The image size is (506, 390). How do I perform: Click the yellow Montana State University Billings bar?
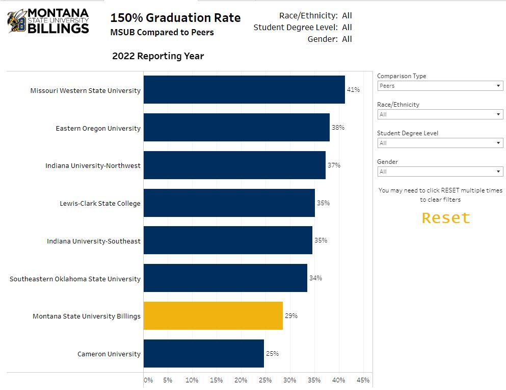(x=213, y=315)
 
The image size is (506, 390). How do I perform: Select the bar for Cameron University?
(x=204, y=353)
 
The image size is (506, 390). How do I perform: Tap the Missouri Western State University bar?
(x=244, y=89)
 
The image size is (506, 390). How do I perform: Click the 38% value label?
(x=338, y=127)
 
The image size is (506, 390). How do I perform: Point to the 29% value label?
(x=291, y=315)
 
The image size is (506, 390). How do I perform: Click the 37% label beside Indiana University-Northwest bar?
(x=334, y=165)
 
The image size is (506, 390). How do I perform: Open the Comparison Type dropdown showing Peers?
(x=440, y=86)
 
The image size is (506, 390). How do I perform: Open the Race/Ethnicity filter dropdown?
(x=440, y=114)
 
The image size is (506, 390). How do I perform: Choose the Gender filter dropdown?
(x=440, y=172)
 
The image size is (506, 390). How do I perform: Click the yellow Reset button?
(x=446, y=218)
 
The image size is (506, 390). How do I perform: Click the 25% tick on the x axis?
(x=265, y=380)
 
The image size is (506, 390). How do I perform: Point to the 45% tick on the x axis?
(x=363, y=380)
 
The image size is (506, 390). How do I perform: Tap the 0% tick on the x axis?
(x=148, y=380)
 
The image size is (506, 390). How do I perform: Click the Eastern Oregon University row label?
(x=98, y=129)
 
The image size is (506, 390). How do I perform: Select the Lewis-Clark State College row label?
(x=100, y=204)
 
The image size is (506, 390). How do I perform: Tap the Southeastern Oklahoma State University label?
(x=75, y=279)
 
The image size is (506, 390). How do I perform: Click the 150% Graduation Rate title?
(x=175, y=18)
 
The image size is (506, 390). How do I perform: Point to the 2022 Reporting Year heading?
(x=158, y=56)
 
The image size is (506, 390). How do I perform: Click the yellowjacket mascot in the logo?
(x=17, y=22)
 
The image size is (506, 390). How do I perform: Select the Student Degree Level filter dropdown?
(x=440, y=143)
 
